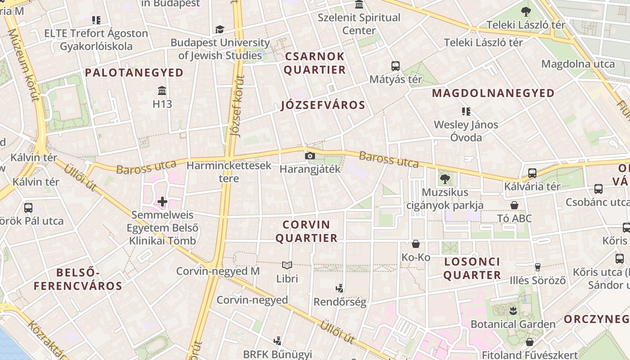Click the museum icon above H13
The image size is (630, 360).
pyautogui.click(x=162, y=91)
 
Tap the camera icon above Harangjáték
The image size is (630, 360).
pyautogui.click(x=310, y=156)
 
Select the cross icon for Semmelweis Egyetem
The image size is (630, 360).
pyautogui.click(x=162, y=202)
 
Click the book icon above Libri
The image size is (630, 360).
pyautogui.click(x=287, y=265)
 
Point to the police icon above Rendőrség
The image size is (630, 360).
pyautogui.click(x=340, y=288)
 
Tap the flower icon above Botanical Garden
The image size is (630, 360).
pyautogui.click(x=513, y=310)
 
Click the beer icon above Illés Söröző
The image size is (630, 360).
pyautogui.click(x=537, y=267)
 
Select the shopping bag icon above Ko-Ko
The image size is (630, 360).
pyautogui.click(x=416, y=244)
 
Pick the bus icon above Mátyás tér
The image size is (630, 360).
pyautogui.click(x=396, y=66)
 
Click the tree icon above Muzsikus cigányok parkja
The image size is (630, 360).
pyautogui.click(x=445, y=179)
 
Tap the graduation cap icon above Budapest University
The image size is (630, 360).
pyautogui.click(x=220, y=30)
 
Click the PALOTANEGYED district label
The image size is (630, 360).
pyautogui.click(x=134, y=72)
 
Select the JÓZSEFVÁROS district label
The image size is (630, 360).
pyautogui.click(x=323, y=105)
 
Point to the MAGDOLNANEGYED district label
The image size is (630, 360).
pyautogui.click(x=493, y=93)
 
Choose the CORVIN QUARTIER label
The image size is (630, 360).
pyautogui.click(x=306, y=231)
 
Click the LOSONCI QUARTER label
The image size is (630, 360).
pyautogui.click(x=472, y=268)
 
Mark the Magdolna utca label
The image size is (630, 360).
pyautogui.click(x=578, y=64)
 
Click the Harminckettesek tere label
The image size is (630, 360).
pyautogui.click(x=229, y=171)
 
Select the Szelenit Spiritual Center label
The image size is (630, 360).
pyautogui.click(x=359, y=24)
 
